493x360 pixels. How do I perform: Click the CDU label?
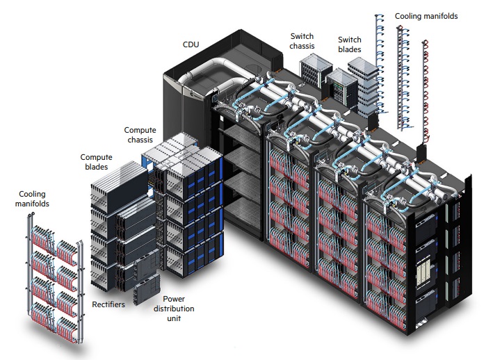191,44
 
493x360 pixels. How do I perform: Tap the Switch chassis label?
302,41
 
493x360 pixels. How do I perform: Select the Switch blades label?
350,44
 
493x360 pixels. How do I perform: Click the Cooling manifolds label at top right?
426,16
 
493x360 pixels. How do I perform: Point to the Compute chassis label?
140,135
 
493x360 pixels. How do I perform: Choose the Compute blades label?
96,162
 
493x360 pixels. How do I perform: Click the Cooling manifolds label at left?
32,199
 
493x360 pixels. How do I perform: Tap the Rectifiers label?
108,304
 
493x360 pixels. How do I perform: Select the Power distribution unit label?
174,309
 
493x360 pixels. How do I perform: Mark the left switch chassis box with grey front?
316,71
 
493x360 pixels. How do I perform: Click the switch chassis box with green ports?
341,85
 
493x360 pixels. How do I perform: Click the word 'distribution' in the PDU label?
174,309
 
